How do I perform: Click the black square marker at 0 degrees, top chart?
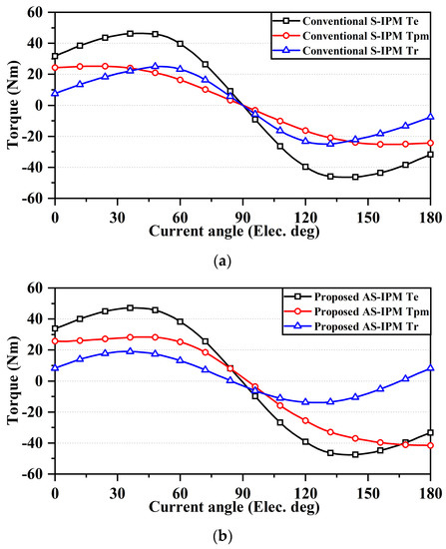click(x=55, y=56)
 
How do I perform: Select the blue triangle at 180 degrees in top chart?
click(x=431, y=117)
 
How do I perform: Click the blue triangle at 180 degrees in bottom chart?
click(x=431, y=368)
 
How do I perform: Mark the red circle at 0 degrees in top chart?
click(x=55, y=68)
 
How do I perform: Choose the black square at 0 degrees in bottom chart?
click(x=55, y=328)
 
